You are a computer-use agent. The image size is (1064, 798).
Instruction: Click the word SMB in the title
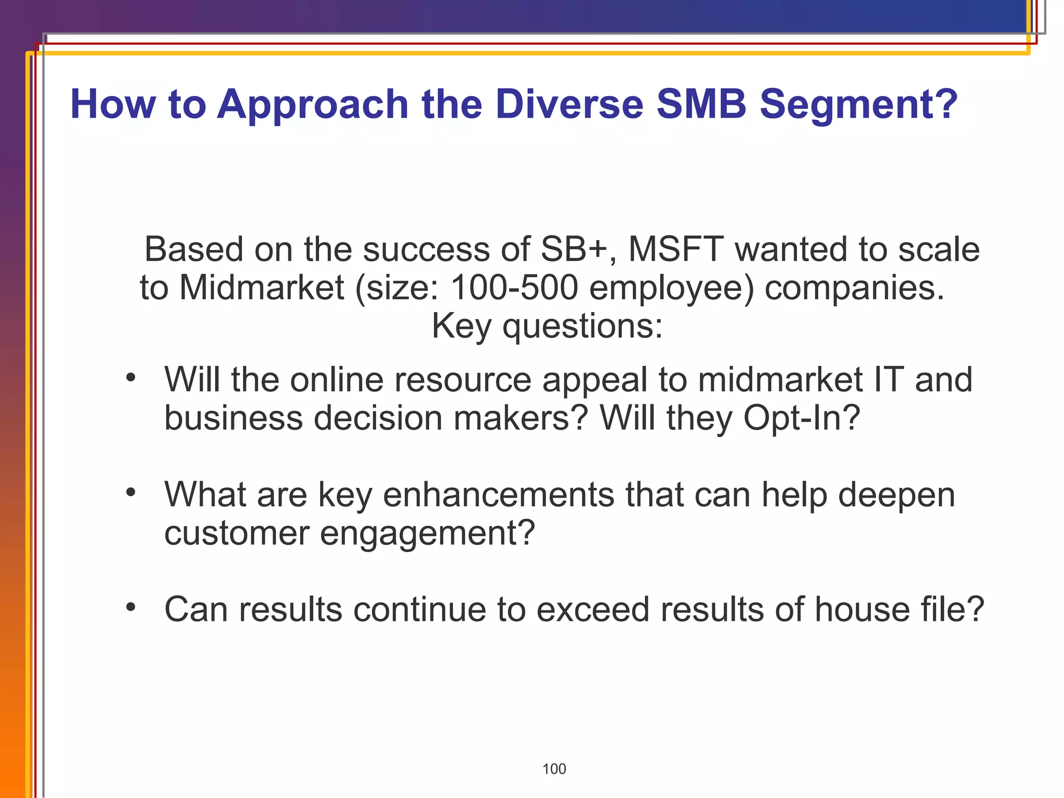click(701, 104)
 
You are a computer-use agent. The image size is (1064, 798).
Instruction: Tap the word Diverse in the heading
click(569, 104)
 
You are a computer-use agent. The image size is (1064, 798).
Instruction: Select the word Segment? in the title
click(858, 105)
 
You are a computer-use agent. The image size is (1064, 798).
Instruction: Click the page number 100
click(554, 769)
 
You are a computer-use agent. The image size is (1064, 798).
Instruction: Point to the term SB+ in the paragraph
click(574, 249)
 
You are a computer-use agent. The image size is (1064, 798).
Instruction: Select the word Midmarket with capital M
click(261, 287)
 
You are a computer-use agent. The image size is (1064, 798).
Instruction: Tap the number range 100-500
click(514, 287)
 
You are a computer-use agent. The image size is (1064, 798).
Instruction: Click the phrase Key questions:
click(547, 326)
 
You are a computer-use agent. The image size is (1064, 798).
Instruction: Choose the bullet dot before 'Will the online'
click(130, 378)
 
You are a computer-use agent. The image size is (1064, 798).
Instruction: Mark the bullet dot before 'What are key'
click(130, 492)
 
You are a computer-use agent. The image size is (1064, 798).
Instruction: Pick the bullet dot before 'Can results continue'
click(130, 607)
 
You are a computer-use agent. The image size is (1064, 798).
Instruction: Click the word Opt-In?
click(802, 418)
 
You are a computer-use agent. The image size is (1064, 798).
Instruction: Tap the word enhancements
click(498, 494)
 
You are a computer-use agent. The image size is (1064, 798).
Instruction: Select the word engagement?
click(427, 533)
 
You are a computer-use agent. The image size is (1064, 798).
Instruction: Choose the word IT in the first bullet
click(888, 379)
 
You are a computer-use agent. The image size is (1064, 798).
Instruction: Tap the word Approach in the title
click(313, 105)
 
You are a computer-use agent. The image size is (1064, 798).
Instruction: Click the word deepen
click(896, 495)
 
